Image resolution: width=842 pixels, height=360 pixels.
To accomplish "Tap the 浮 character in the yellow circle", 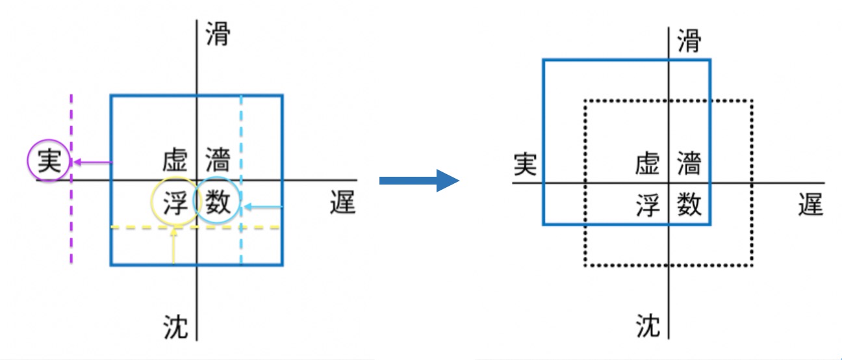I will (175, 204).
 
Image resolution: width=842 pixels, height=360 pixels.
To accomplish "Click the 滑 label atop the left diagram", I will (218, 35).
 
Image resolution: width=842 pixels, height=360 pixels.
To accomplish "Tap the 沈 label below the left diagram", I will (175, 326).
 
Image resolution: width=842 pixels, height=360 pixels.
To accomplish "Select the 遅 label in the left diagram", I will (342, 203).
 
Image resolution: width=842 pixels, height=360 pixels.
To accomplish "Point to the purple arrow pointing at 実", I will (91, 162).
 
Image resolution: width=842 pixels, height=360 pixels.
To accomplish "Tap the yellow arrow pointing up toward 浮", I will (173, 247).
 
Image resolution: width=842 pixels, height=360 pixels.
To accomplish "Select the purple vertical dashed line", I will (71, 214).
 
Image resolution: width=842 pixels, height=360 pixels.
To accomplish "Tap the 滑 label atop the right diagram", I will (689, 42).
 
